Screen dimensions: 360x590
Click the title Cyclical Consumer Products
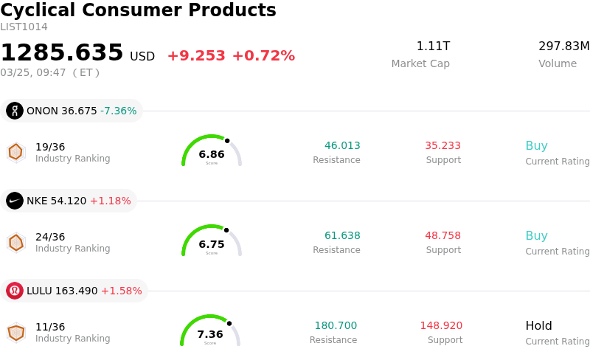[138, 10]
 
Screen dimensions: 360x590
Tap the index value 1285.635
[62, 53]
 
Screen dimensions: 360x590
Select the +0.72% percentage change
[263, 56]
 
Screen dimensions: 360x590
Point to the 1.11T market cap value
[433, 46]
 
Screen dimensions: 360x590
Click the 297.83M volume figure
[563, 46]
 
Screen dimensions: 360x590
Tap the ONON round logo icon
[15, 111]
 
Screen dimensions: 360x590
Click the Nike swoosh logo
[15, 201]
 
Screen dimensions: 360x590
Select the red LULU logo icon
[15, 291]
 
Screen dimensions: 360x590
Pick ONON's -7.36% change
[119, 111]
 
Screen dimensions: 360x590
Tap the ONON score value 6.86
[212, 154]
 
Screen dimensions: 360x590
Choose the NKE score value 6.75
[212, 244]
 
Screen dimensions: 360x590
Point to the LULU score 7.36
[210, 334]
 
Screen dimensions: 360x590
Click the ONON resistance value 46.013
[342, 145]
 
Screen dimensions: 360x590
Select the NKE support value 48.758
[442, 235]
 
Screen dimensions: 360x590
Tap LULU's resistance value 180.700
[336, 325]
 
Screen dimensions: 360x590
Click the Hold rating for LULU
[538, 325]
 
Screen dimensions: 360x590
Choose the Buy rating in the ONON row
[536, 145]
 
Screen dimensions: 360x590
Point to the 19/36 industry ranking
[50, 147]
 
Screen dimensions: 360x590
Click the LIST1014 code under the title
[24, 27]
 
